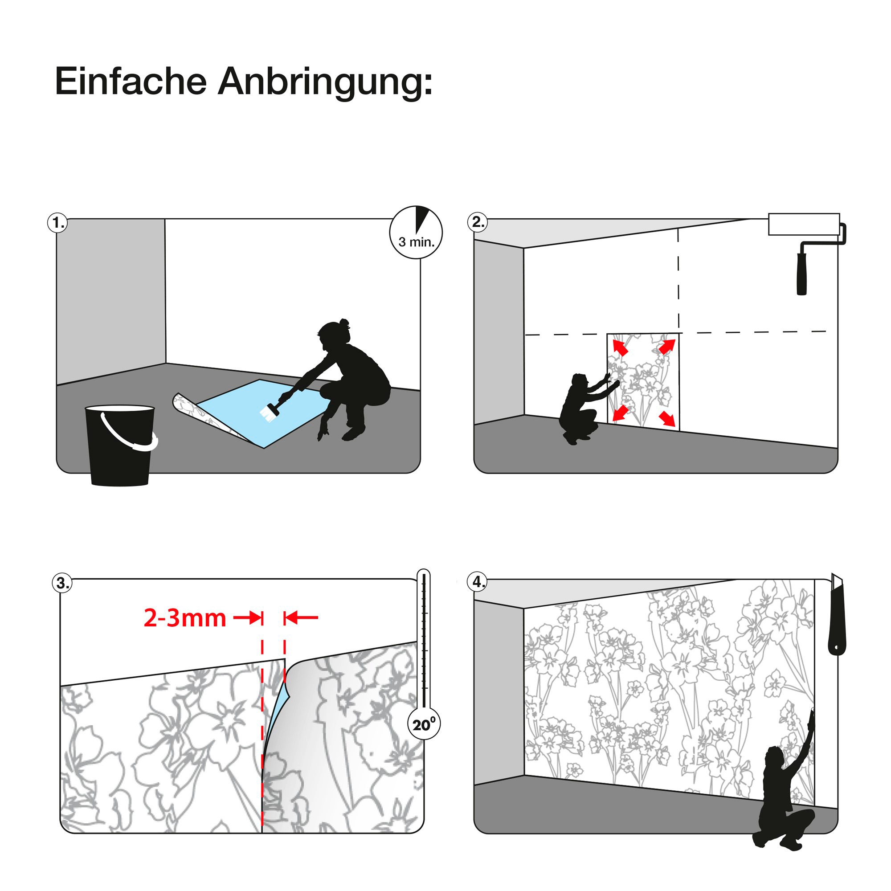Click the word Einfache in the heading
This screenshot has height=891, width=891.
[131, 82]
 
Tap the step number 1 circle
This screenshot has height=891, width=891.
[57, 223]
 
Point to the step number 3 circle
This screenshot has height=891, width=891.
[62, 584]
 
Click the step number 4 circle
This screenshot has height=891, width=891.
[478, 582]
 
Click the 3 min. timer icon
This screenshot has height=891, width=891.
[416, 232]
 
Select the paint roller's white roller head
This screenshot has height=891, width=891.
[804, 224]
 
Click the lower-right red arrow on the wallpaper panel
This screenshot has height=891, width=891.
[667, 418]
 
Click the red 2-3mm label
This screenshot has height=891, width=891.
[184, 618]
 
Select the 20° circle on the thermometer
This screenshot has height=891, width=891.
[424, 725]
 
